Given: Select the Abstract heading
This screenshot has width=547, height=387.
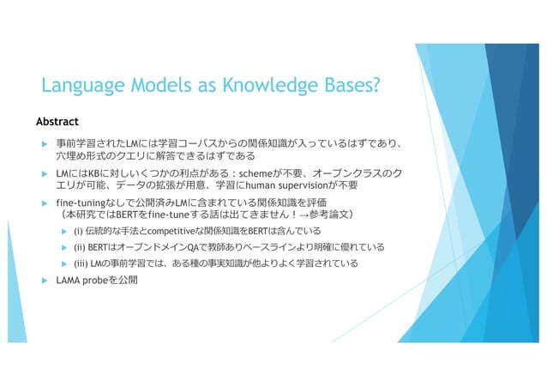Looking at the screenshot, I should [57, 120].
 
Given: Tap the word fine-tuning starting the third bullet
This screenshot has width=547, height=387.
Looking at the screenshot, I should [79, 203].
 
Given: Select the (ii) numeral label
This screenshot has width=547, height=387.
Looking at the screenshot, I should [81, 247].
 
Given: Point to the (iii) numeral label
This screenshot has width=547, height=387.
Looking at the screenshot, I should [82, 263].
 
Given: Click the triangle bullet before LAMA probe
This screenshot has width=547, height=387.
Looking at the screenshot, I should [44, 280].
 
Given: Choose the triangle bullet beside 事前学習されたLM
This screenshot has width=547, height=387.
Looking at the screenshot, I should [44, 143].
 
